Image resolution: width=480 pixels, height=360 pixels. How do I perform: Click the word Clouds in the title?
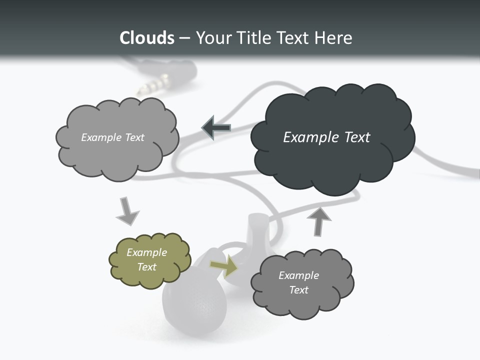(146, 38)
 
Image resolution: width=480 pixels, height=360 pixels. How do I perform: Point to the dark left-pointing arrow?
(216, 128)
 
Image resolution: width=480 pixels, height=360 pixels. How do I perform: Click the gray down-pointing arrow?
(127, 211)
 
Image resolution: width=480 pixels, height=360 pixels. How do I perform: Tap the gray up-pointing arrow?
(318, 221)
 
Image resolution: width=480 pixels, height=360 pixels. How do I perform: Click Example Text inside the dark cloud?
(326, 137)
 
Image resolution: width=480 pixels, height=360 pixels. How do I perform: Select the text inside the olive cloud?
(147, 259)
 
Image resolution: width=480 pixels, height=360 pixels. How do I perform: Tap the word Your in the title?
(214, 38)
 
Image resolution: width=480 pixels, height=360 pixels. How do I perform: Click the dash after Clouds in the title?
(183, 38)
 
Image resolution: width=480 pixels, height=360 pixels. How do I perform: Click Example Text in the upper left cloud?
(112, 137)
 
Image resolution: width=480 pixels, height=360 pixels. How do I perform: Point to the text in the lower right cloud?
(298, 282)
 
